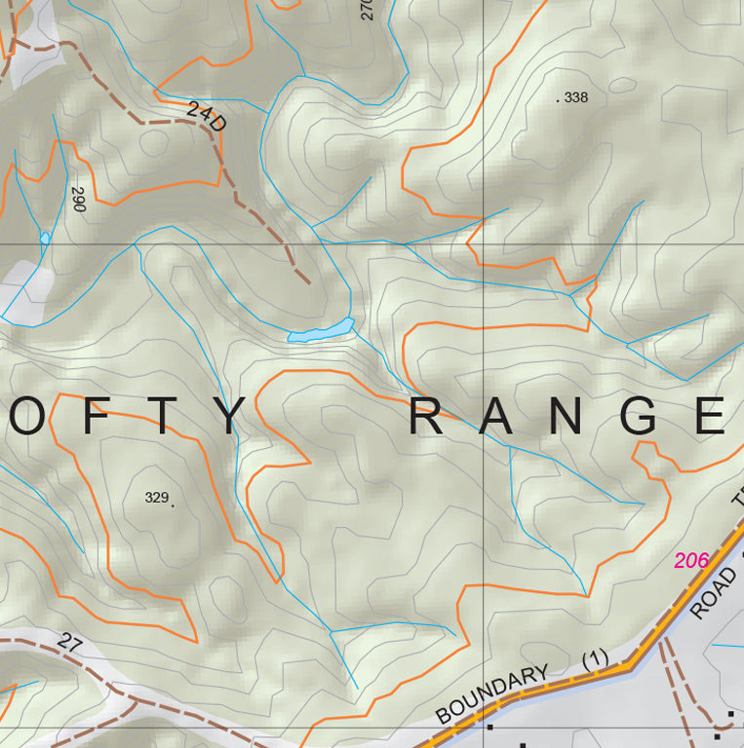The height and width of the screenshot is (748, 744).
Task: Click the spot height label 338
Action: point(576,97)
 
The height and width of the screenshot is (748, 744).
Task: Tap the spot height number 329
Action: point(156,497)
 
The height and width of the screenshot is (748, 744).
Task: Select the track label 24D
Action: point(206,117)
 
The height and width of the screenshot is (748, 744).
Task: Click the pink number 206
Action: point(691,560)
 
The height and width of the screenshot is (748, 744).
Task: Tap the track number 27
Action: point(68,643)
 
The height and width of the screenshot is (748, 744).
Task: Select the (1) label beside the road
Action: point(595,659)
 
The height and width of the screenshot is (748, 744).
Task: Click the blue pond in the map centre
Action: point(321,331)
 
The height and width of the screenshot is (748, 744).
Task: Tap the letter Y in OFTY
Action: point(228,416)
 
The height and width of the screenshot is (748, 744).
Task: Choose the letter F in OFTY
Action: point(96,416)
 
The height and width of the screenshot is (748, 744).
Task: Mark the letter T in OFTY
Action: point(162,416)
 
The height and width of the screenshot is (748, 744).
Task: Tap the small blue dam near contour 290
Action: point(45,238)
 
